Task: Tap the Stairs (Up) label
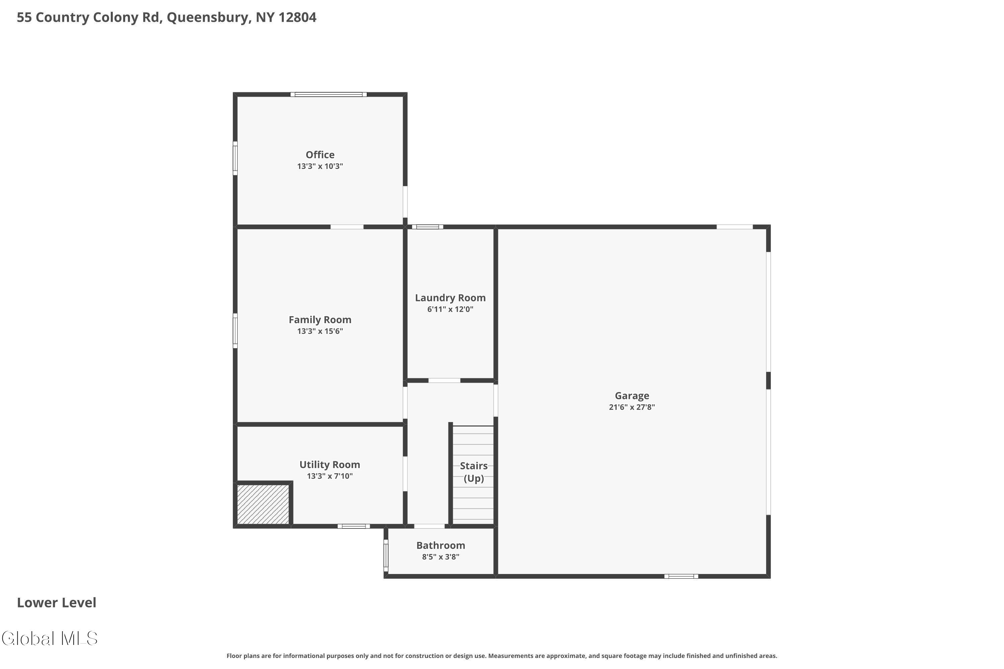coord(474,472)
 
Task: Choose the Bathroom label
coord(440,545)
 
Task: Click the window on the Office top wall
coord(328,94)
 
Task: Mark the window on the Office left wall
coord(235,158)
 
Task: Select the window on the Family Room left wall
coord(235,331)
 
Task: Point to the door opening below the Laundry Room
coord(444,380)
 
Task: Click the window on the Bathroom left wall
coord(386,556)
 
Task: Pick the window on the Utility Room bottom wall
coord(353,526)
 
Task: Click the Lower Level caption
coord(57,602)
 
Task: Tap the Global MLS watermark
coord(50,638)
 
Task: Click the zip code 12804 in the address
coord(297,17)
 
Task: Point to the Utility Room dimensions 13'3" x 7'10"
coord(330,476)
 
